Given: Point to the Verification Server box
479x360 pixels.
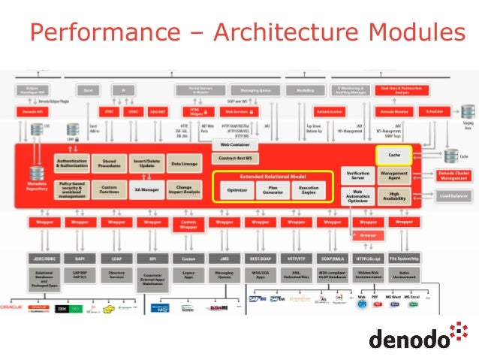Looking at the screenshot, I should coord(357,177).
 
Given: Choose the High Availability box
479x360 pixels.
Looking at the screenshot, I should coord(393,197).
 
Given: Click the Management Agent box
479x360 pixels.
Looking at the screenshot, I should coord(393,177).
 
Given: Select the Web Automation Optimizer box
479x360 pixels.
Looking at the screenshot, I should coord(357,197).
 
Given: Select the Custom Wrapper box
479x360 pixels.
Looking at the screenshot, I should coord(188,224).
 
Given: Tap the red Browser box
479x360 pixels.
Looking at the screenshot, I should coord(368,235).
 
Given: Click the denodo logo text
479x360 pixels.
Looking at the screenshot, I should coord(408,337).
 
